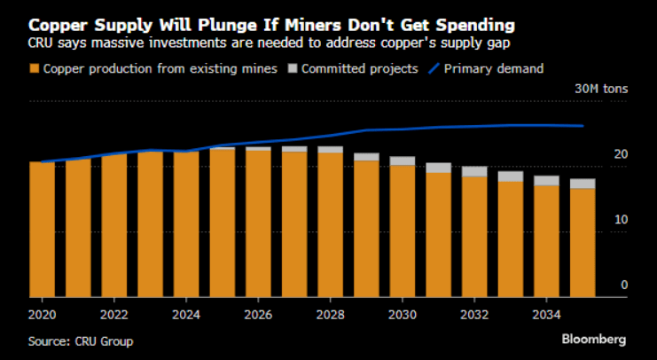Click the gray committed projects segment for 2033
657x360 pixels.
510,176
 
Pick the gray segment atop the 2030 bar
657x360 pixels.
403,161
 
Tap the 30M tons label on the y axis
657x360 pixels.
601,89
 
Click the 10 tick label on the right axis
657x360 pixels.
622,219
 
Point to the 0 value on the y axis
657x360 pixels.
624,285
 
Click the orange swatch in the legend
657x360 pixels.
35,69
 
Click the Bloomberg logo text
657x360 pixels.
594,340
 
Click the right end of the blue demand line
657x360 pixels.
583,126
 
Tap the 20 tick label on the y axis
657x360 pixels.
622,154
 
